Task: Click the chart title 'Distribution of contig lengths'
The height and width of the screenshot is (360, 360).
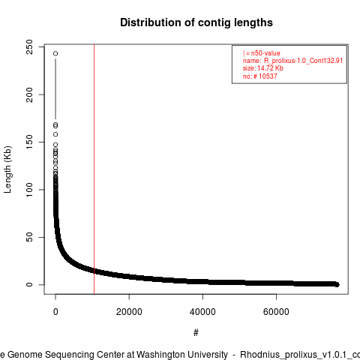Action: (196, 22)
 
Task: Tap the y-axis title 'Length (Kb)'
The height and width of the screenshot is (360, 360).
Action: (7, 169)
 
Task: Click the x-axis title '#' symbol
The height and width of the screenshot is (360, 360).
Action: (196, 332)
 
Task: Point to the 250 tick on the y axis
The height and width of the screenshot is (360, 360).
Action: (29, 47)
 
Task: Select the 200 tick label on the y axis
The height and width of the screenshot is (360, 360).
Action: (29, 94)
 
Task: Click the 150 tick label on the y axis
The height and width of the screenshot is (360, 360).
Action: (29, 142)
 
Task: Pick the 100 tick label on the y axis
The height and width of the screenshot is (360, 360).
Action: (29, 190)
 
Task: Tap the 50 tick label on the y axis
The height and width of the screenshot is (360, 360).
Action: (29, 237)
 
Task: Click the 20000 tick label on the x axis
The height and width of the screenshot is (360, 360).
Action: (129, 312)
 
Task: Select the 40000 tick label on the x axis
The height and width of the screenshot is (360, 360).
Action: (202, 312)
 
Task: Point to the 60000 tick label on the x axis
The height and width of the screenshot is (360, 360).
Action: (276, 312)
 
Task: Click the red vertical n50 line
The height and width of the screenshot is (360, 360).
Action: (94, 169)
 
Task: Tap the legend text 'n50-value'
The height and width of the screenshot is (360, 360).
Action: (265, 53)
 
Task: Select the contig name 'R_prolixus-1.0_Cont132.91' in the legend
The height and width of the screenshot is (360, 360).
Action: (303, 61)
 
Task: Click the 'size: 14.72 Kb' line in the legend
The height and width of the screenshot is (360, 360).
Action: (263, 68)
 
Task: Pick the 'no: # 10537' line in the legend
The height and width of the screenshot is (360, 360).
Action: (260, 76)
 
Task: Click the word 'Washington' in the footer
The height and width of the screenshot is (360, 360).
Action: (182, 355)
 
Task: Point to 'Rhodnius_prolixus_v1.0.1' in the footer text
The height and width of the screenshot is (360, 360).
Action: (293, 355)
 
